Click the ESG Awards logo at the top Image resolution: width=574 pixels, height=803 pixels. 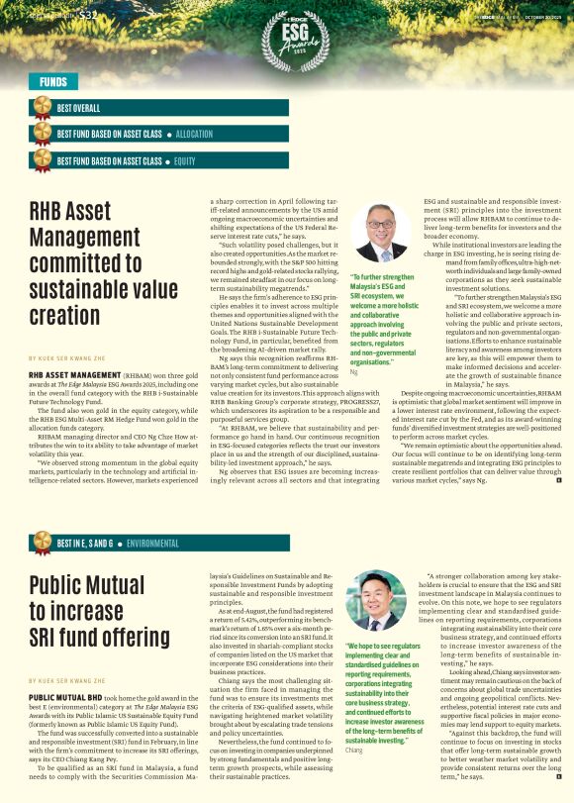tap(286, 38)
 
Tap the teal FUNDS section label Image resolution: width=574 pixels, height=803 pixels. tap(53, 82)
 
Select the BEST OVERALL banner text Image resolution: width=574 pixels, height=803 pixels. tap(78, 107)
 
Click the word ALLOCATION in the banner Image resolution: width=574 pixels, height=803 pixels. tap(194, 133)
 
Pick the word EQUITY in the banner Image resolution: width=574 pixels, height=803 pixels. tap(185, 160)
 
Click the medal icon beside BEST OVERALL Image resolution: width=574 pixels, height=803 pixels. tap(43, 107)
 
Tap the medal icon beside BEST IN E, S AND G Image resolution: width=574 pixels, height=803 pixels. tap(43, 542)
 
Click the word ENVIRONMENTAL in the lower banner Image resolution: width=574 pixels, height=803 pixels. tap(152, 544)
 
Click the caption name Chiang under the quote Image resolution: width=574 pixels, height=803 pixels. tap(354, 751)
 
